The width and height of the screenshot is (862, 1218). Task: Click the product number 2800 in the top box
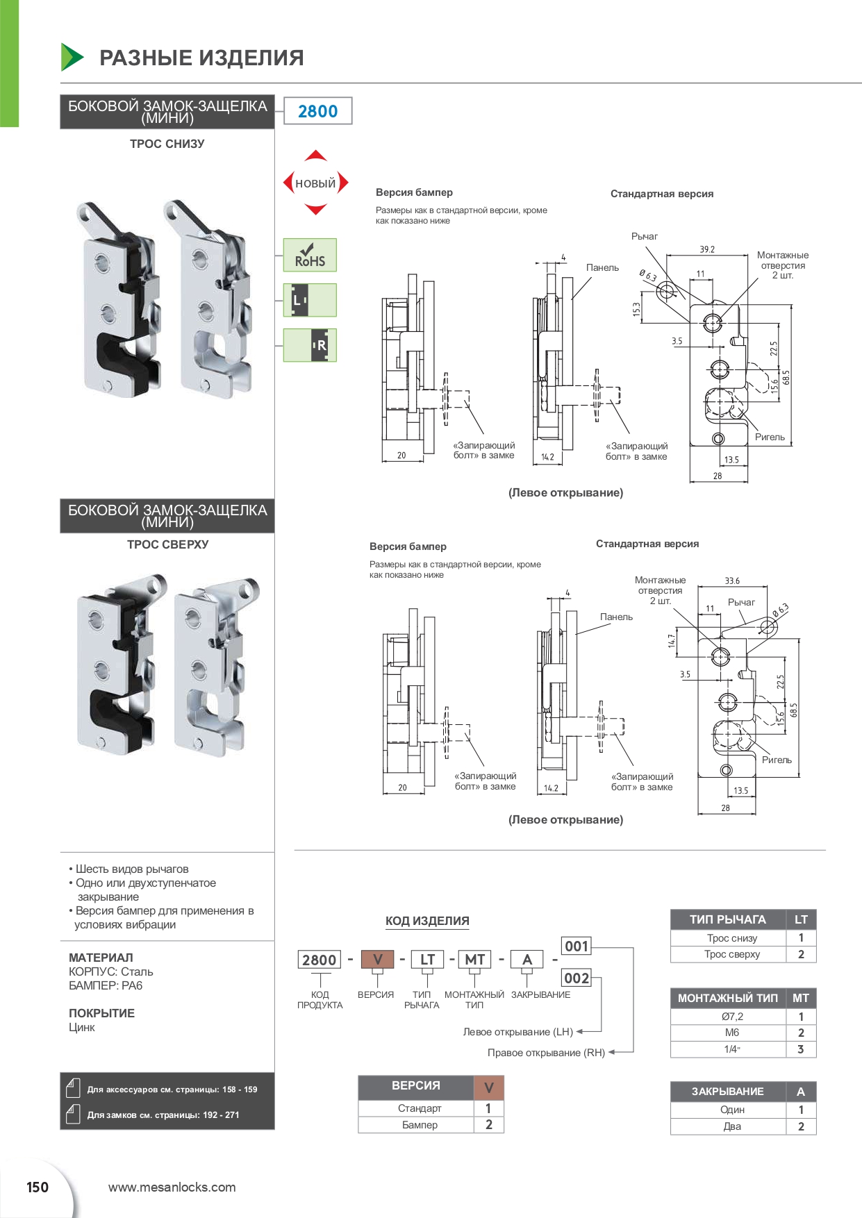tap(317, 111)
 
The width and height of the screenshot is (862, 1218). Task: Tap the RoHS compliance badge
tap(310, 255)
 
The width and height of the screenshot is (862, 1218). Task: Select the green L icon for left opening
tap(310, 300)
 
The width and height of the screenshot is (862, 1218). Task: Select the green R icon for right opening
tap(310, 345)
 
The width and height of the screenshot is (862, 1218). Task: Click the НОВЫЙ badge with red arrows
tap(315, 183)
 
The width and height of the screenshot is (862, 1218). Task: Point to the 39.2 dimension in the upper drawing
tap(707, 249)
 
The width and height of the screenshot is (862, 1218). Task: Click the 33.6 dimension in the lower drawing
tap(732, 581)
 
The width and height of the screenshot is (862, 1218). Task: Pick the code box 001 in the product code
tap(576, 946)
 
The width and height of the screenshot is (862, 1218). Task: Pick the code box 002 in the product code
tap(576, 978)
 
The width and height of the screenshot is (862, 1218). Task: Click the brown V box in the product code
tap(377, 960)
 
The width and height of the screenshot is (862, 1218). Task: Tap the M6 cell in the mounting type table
tap(731, 1033)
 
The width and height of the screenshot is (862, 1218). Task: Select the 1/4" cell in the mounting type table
tap(731, 1049)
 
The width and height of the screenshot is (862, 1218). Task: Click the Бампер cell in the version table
tap(420, 1125)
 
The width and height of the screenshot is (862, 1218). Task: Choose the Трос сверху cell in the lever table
tap(731, 954)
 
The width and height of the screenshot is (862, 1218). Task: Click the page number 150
tap(38, 1187)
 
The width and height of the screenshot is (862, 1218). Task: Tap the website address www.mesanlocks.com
tap(172, 1187)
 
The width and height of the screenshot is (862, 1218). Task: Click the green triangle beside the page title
tap(72, 57)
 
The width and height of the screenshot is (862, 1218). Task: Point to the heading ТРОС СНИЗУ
tap(167, 144)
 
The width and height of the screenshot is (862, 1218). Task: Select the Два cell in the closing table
tap(731, 1126)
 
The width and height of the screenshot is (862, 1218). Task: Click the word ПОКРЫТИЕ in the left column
tap(101, 1013)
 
